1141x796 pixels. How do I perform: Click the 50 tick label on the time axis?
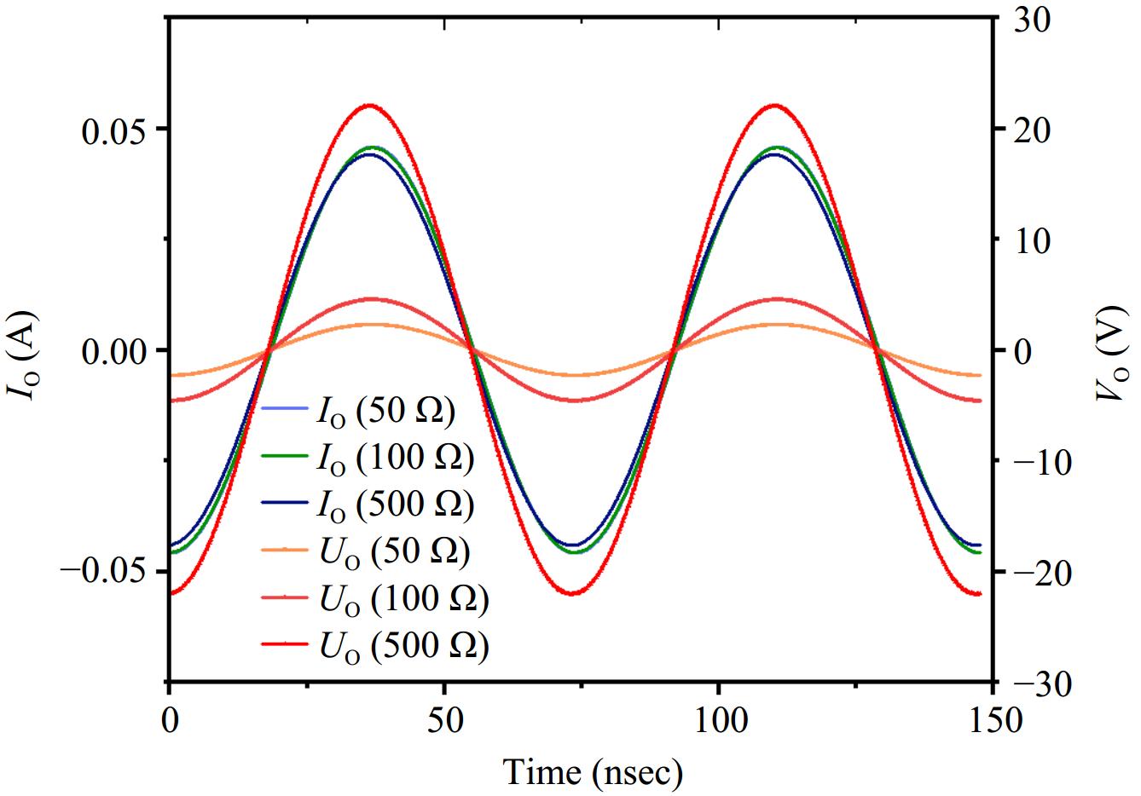click(444, 720)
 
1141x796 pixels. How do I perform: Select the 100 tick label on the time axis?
click(719, 720)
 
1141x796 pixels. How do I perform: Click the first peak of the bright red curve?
click(368, 105)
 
